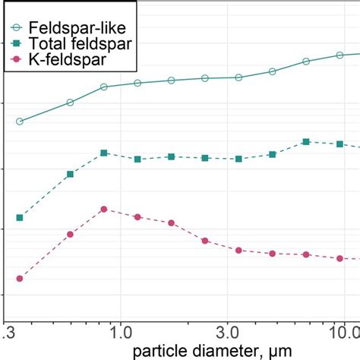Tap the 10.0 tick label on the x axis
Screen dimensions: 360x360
point(343,332)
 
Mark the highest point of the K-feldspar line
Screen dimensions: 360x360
point(104,209)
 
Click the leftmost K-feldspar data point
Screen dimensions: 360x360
point(20,279)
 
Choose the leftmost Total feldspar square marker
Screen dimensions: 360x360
point(20,218)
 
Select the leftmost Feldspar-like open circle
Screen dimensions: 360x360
point(20,122)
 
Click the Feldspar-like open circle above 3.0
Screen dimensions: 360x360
point(238,77)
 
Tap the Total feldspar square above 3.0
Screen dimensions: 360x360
point(238,159)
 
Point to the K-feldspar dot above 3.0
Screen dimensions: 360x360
point(238,250)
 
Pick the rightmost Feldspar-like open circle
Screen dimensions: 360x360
point(339,55)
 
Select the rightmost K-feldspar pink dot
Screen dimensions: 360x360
point(339,258)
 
